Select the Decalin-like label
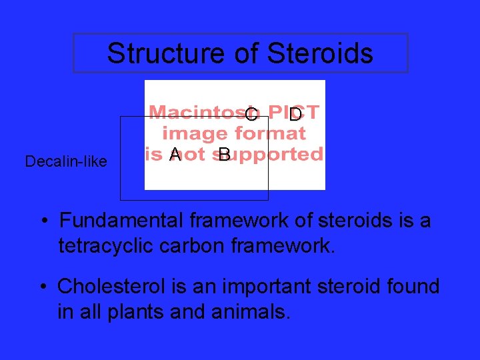tap(66, 161)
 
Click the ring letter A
tap(175, 155)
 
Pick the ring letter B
tap(225, 155)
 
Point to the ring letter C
tap(251, 115)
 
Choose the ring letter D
tap(295, 115)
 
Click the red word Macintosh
tap(197, 112)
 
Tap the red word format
tap(270, 133)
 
